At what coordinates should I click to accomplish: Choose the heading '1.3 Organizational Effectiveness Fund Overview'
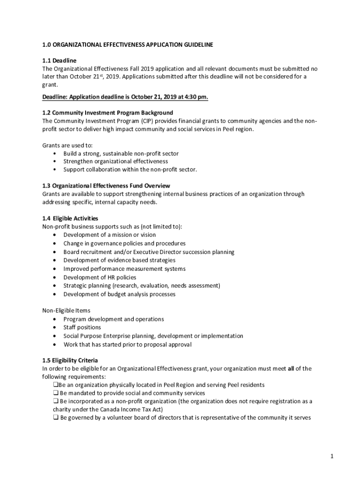tap(106, 186)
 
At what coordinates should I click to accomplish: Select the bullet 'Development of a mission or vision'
tap(109, 235)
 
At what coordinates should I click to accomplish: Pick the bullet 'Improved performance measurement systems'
tap(124, 269)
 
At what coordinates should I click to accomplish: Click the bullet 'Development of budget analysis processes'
tap(119, 294)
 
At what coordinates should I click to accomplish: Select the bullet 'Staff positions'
tap(82, 327)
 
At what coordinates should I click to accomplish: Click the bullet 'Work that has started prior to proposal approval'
tap(127, 345)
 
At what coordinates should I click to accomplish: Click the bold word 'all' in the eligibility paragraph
tap(291, 369)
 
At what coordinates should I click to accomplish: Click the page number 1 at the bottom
tap(331, 457)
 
